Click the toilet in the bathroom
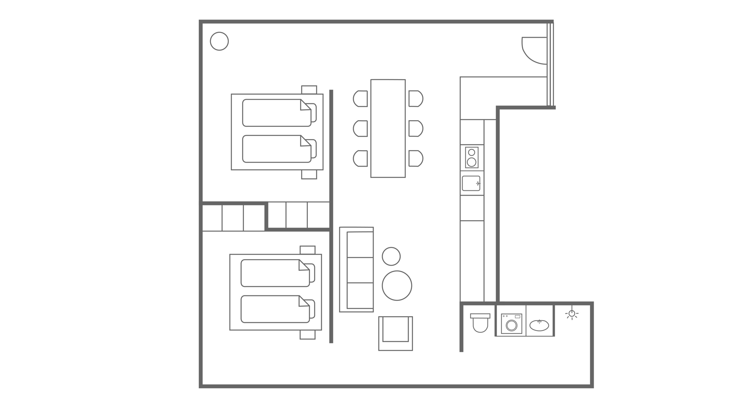[480, 323]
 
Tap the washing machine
[511, 324]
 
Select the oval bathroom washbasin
[539, 325]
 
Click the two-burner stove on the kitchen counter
[472, 157]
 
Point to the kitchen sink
[471, 183]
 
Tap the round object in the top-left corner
[219, 42]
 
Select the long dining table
[388, 128]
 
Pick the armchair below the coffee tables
[396, 333]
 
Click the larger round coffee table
[397, 286]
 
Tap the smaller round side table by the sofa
[391, 256]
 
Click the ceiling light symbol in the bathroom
[572, 314]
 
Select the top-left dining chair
[361, 99]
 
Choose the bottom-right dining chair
[415, 158]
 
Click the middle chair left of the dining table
[361, 128]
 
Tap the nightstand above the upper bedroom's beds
[309, 90]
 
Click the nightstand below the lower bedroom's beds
[307, 335]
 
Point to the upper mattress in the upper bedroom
[276, 113]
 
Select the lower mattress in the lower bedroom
[275, 309]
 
